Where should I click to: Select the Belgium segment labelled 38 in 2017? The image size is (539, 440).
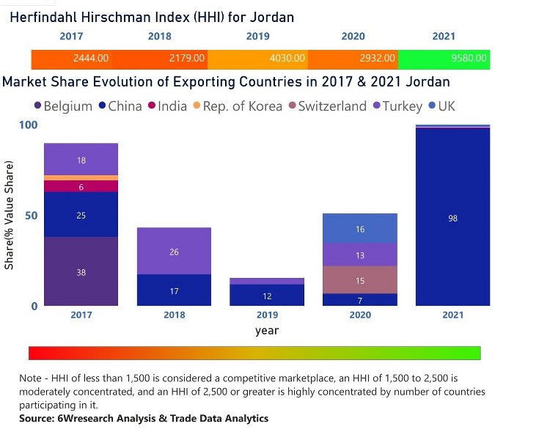pos(81,272)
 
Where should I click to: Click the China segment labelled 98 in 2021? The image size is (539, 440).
pos(452,218)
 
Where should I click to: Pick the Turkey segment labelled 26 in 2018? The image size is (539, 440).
pos(174,252)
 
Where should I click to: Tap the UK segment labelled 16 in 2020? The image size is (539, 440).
pos(360,230)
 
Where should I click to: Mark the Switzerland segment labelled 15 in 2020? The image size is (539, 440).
pos(360,281)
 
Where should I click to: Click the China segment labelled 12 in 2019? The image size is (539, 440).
pos(267,295)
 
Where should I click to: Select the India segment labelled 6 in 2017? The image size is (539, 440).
pos(81,187)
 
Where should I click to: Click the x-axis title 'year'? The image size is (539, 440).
pos(267,331)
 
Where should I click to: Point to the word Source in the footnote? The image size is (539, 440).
pos(38,419)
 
